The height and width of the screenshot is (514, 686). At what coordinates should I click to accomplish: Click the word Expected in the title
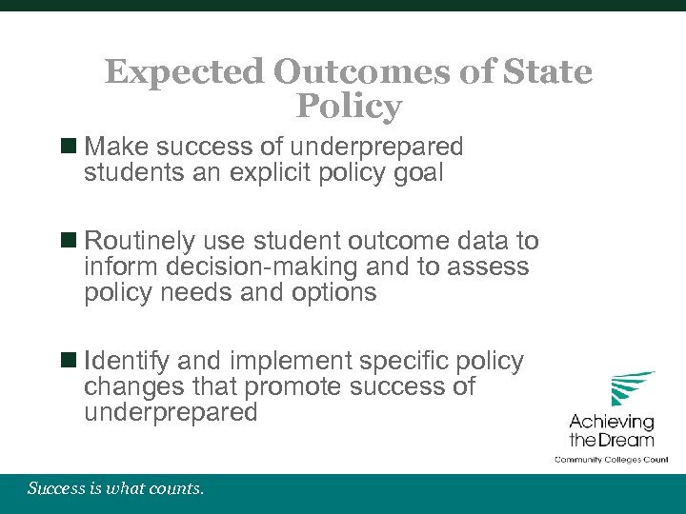pos(184,72)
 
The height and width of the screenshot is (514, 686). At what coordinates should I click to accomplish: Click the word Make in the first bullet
pos(116,148)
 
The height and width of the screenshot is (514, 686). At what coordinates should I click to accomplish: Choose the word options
pos(330,292)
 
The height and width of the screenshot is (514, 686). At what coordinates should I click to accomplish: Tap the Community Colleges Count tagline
pos(612,460)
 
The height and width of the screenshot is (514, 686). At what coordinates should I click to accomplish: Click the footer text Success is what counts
pos(115,489)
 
